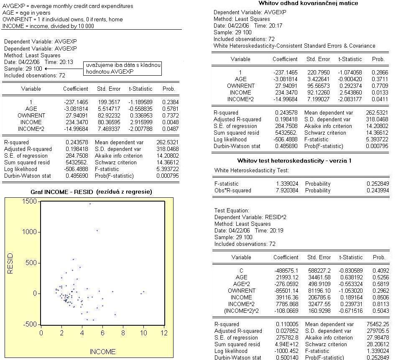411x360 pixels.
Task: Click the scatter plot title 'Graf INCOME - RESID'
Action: (x=91, y=191)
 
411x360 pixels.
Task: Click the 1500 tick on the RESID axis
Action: (x=30, y=202)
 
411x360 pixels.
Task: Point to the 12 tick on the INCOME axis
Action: (x=163, y=333)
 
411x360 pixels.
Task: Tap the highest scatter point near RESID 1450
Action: (x=90, y=204)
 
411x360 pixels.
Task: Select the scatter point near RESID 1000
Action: (x=97, y=230)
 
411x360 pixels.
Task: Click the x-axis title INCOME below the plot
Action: (x=102, y=352)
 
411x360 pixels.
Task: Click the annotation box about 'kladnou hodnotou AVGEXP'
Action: (x=123, y=69)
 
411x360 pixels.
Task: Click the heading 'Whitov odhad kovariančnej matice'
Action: (x=308, y=3)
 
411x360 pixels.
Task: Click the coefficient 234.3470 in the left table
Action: (x=76, y=122)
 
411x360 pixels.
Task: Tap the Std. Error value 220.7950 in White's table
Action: (x=318, y=72)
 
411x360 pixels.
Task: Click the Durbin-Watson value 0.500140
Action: (x=286, y=357)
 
